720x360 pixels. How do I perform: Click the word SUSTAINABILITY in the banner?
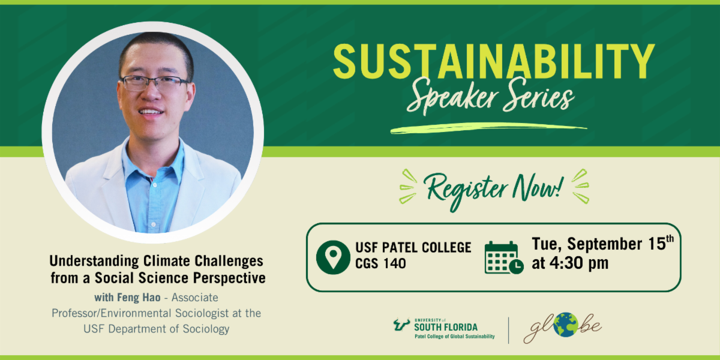[494, 61]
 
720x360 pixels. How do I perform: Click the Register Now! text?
[494, 190]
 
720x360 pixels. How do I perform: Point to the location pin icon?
[333, 257]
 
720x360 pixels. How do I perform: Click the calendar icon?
[503, 257]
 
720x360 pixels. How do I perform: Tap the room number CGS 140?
[380, 263]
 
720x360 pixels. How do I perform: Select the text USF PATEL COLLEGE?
[413, 247]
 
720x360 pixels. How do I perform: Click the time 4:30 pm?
[579, 263]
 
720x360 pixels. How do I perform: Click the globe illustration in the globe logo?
[566, 325]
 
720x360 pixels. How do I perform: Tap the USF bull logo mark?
[402, 325]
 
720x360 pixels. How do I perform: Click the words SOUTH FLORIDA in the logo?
[446, 328]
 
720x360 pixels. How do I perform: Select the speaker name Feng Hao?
[139, 298]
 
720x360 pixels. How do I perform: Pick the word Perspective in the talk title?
[229, 278]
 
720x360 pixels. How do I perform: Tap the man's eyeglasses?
[155, 83]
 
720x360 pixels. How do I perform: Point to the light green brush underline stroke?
[488, 128]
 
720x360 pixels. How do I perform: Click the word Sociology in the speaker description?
[206, 329]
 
